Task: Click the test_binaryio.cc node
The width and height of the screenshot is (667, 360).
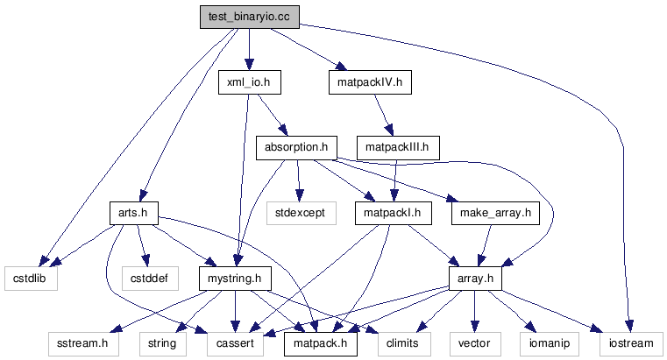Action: (x=248, y=17)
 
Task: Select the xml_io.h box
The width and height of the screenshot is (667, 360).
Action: (x=248, y=82)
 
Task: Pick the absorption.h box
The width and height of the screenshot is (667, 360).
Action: (x=296, y=147)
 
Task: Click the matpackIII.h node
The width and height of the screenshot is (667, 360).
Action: (x=398, y=147)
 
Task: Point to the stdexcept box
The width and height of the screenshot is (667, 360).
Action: (x=301, y=212)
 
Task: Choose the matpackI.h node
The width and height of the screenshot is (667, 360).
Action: (x=393, y=212)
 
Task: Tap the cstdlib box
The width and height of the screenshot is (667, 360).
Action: (x=29, y=278)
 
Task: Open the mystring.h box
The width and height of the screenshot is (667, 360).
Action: (x=235, y=278)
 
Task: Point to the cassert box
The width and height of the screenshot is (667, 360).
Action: (x=236, y=342)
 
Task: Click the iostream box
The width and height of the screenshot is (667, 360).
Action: (x=625, y=342)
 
